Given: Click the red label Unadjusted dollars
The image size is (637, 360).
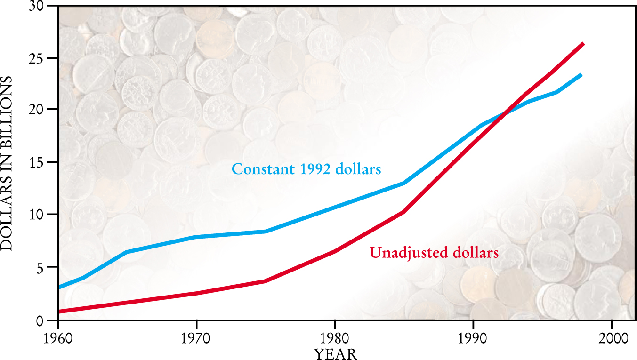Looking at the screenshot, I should tap(434, 253).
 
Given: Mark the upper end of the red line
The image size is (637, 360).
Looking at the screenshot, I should tap(583, 44).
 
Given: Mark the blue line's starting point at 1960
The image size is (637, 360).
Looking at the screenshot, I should tap(58, 287).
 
